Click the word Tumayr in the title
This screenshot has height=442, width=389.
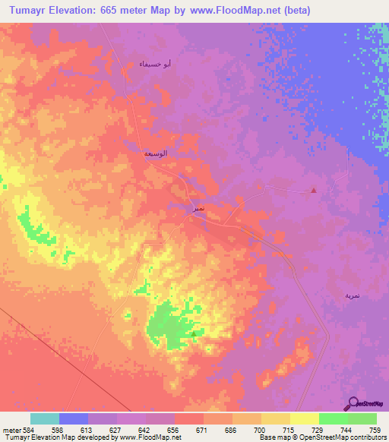tap(32, 10)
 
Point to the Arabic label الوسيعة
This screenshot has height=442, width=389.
tap(156, 153)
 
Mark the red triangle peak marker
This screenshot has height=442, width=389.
tap(314, 191)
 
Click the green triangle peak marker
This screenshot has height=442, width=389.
tap(194, 333)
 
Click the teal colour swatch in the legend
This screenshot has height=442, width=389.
tap(45, 418)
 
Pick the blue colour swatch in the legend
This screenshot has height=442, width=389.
tap(74, 418)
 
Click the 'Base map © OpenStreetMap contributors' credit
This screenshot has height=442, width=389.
tap(322, 437)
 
